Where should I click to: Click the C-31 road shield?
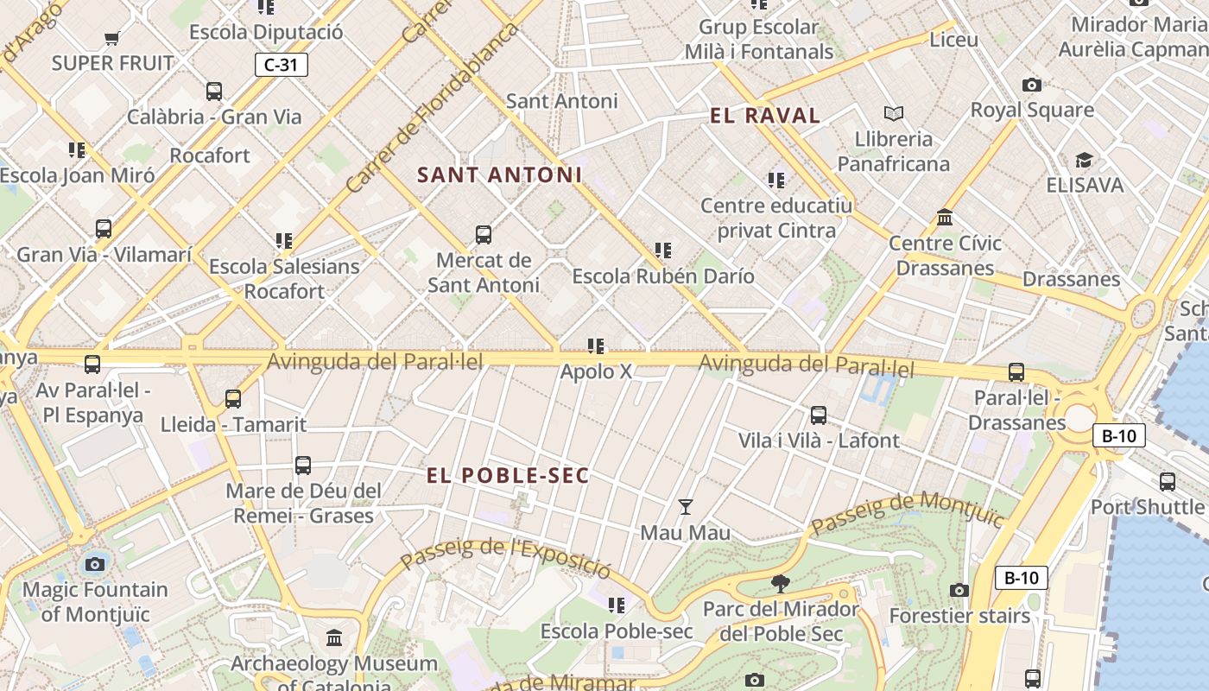[282, 64]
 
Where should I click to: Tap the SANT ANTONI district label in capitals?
[499, 174]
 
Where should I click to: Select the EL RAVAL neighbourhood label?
[764, 116]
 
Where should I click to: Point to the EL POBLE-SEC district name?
[508, 475]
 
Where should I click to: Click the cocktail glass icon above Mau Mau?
[686, 507]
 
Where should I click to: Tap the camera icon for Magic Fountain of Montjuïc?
[95, 565]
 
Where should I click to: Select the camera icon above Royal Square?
[1031, 85]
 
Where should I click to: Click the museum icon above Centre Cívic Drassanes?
[945, 217]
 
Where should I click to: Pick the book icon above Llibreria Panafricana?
[894, 113]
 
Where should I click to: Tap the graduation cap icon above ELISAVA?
[1085, 160]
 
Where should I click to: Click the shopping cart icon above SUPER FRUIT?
[111, 38]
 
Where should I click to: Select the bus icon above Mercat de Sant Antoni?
[484, 234]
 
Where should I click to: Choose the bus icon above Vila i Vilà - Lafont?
[819, 415]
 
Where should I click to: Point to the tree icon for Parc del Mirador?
[780, 584]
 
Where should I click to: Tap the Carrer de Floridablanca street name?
[432, 108]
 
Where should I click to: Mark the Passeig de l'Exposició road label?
[506, 556]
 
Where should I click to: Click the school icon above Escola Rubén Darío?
[663, 250]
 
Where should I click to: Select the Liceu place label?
[953, 40]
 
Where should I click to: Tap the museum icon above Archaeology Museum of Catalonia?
[334, 638]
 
